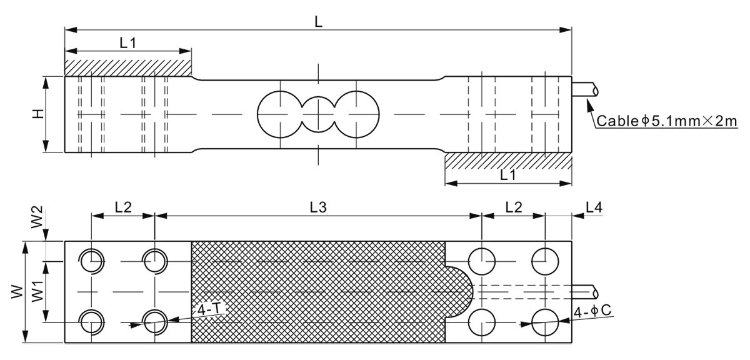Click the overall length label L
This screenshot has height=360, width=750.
tap(319, 22)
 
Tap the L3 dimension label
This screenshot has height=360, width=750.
tap(319, 207)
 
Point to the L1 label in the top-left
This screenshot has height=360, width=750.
tap(128, 42)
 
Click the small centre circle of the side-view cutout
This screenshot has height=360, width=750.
tap(318, 114)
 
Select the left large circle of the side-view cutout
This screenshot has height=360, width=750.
tap(279, 114)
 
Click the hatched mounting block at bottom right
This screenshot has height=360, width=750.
tap(507, 161)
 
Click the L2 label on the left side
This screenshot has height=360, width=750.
tap(123, 207)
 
